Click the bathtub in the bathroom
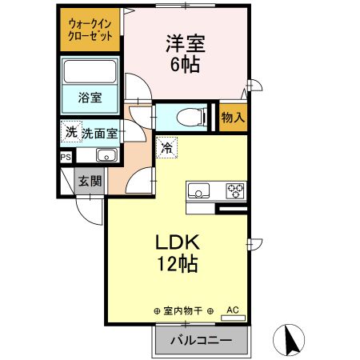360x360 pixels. click(x=90, y=74)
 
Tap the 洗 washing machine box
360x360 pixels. click(x=70, y=133)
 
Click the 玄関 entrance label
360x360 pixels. click(x=89, y=181)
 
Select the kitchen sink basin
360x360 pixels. click(x=198, y=190)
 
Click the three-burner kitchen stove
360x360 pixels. click(x=235, y=190)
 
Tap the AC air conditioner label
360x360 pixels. click(x=233, y=309)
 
